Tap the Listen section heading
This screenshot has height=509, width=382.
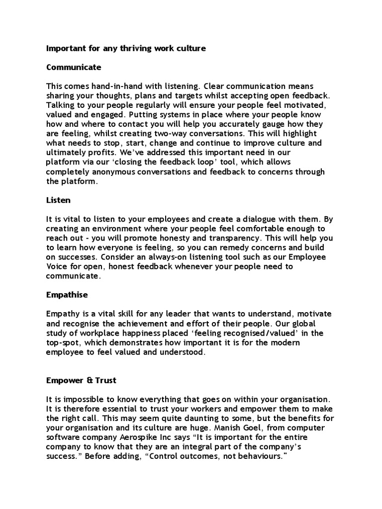(x=58, y=200)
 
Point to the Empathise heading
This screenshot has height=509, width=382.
(x=67, y=295)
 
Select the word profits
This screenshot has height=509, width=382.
(x=108, y=153)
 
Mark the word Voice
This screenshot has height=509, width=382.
(x=58, y=266)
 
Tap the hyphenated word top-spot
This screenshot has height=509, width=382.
(x=63, y=342)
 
